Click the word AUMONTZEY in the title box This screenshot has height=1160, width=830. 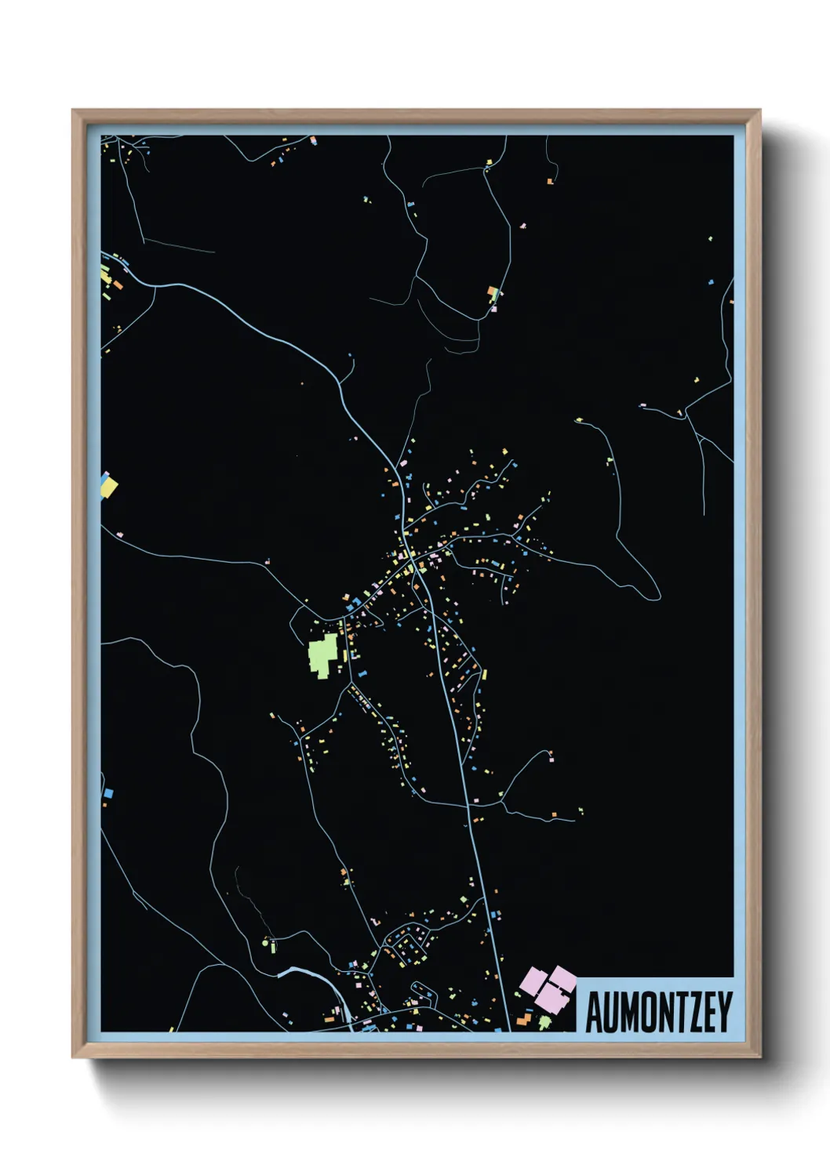(x=658, y=1012)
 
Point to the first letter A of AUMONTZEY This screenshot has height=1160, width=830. (x=594, y=1012)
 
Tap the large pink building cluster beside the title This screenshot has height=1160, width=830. (x=550, y=988)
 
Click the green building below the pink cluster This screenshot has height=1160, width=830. (x=544, y=1022)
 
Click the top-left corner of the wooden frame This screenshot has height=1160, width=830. (x=74, y=111)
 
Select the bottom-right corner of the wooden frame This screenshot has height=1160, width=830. (x=759, y=1057)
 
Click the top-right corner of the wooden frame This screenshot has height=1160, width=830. (x=759, y=111)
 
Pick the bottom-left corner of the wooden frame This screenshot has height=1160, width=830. (x=74, y=1057)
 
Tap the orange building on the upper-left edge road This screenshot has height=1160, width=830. (x=119, y=286)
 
